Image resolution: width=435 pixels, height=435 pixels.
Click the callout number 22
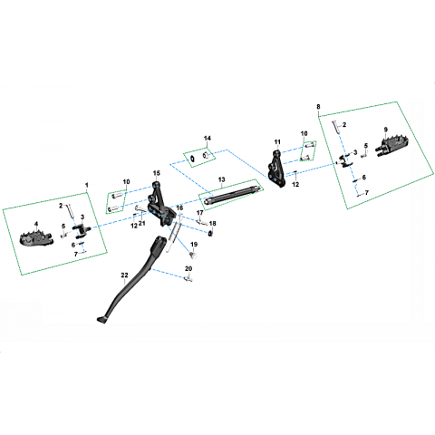point(124,275)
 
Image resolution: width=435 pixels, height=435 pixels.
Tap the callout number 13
point(221,179)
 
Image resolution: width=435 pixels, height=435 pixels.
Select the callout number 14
point(208,138)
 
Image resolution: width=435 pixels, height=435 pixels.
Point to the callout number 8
point(318,107)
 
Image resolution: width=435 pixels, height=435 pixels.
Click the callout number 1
point(87,185)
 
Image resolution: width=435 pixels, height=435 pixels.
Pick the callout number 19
point(194,245)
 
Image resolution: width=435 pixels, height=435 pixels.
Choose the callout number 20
point(188,268)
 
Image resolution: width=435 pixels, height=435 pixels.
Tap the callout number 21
point(142,223)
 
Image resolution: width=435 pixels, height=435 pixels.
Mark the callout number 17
point(200,213)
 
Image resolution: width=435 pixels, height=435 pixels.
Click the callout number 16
point(179,208)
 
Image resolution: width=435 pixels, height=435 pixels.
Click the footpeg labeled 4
point(36,237)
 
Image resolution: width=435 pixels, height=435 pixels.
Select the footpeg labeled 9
point(391,145)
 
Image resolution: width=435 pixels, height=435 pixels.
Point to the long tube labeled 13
point(232,196)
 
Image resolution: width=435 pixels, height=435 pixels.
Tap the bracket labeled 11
point(277,169)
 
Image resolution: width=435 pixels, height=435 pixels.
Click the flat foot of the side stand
point(101,320)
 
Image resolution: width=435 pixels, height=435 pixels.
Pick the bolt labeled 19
point(193,256)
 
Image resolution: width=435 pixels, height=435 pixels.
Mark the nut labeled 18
point(210,233)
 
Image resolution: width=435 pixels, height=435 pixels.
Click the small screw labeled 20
point(188,279)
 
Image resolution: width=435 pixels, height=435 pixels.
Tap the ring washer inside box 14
point(192,159)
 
